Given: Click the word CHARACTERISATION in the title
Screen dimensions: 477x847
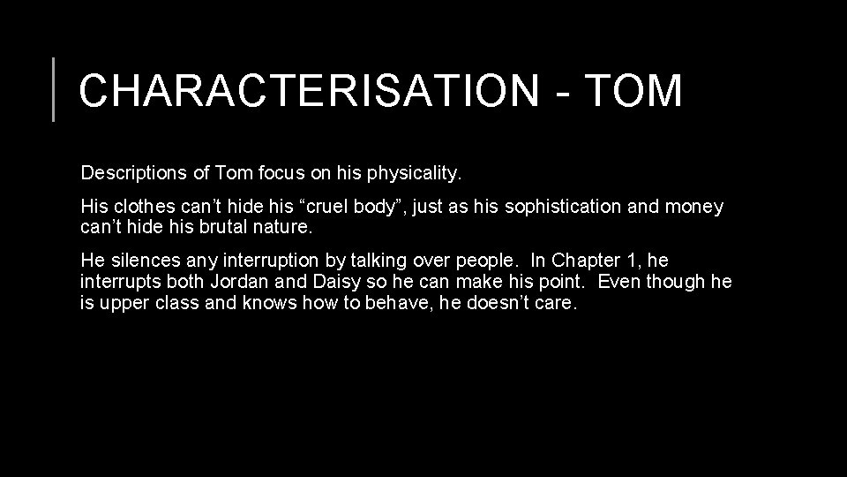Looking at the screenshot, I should [299, 90].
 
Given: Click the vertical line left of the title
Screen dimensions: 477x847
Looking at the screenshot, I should [54, 88].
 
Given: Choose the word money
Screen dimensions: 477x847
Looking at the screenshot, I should [694, 208].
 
